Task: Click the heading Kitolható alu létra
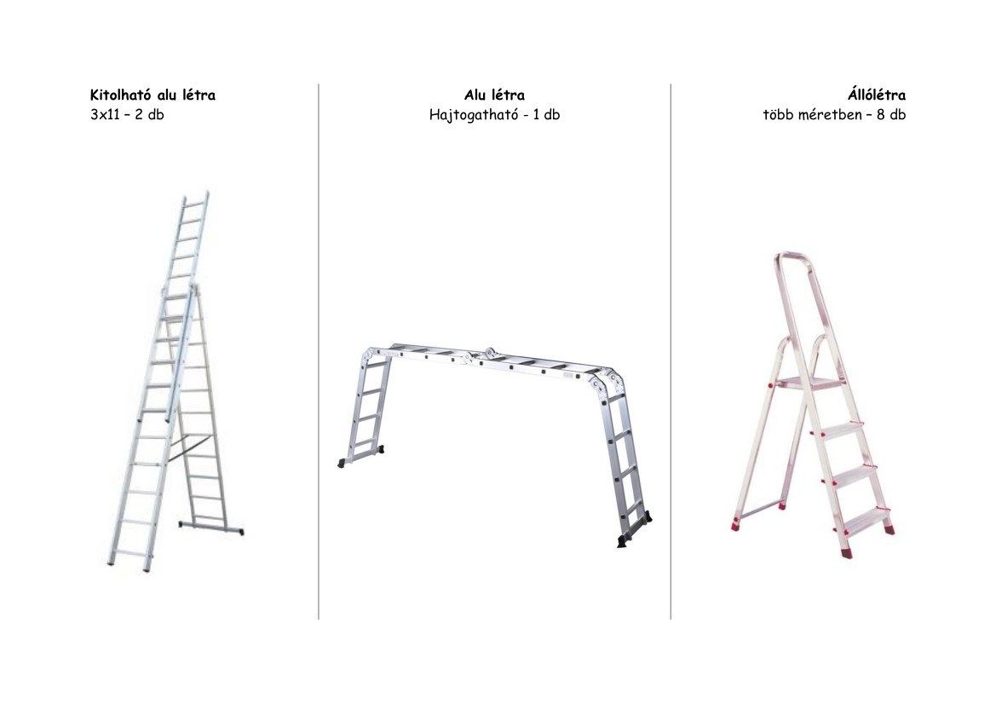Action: pyautogui.click(x=153, y=95)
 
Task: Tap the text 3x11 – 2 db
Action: pyautogui.click(x=127, y=115)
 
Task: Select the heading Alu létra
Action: pyautogui.click(x=494, y=95)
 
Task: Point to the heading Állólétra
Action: pyautogui.click(x=876, y=95)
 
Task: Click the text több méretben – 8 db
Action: pyautogui.click(x=834, y=115)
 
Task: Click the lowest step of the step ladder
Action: pyautogui.click(x=865, y=521)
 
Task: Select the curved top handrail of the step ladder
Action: pyautogui.click(x=795, y=257)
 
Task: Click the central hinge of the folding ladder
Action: pyautogui.click(x=490, y=353)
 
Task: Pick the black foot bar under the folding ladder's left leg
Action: pyautogui.click(x=360, y=456)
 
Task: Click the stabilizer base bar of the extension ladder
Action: pyautogui.click(x=211, y=528)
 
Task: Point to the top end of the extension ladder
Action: pyautogui.click(x=196, y=194)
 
